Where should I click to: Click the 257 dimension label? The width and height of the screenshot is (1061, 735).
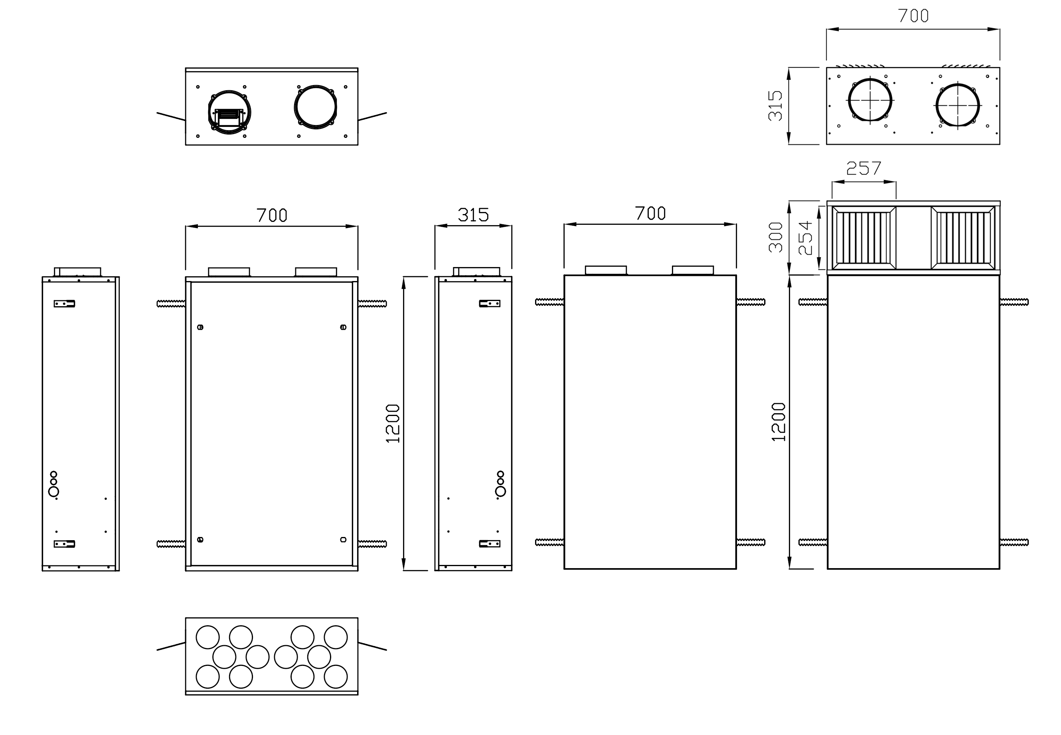tap(863, 168)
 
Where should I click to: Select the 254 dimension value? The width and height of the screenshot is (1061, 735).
tap(805, 238)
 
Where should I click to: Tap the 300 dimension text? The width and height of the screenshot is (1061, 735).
tap(776, 237)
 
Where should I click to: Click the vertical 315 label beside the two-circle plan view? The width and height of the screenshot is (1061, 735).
tap(776, 106)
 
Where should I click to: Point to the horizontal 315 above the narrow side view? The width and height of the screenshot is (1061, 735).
tap(473, 215)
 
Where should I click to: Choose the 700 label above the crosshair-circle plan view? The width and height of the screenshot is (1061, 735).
tap(913, 16)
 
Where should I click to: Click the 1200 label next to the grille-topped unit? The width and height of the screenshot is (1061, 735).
tap(778, 422)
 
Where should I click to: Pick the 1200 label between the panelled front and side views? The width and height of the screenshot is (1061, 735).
tap(393, 424)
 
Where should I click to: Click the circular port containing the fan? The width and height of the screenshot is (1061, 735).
tap(229, 112)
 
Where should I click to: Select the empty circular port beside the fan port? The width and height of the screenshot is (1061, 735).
tap(316, 107)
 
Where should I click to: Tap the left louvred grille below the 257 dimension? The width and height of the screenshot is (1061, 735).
tap(863, 238)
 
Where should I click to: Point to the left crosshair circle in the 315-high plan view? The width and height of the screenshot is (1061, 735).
tap(870, 100)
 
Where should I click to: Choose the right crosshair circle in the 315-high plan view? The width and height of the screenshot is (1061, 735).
tap(957, 105)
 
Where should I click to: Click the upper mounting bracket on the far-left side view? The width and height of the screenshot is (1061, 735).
tap(65, 303)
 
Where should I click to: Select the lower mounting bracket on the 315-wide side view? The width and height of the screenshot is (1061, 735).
tap(490, 543)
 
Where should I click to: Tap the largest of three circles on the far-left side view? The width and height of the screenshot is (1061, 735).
tap(53, 492)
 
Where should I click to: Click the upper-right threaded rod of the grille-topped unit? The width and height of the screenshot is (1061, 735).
tap(1014, 302)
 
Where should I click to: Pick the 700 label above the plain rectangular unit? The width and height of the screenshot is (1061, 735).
tap(650, 213)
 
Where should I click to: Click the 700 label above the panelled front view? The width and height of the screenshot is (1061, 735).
tap(272, 215)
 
